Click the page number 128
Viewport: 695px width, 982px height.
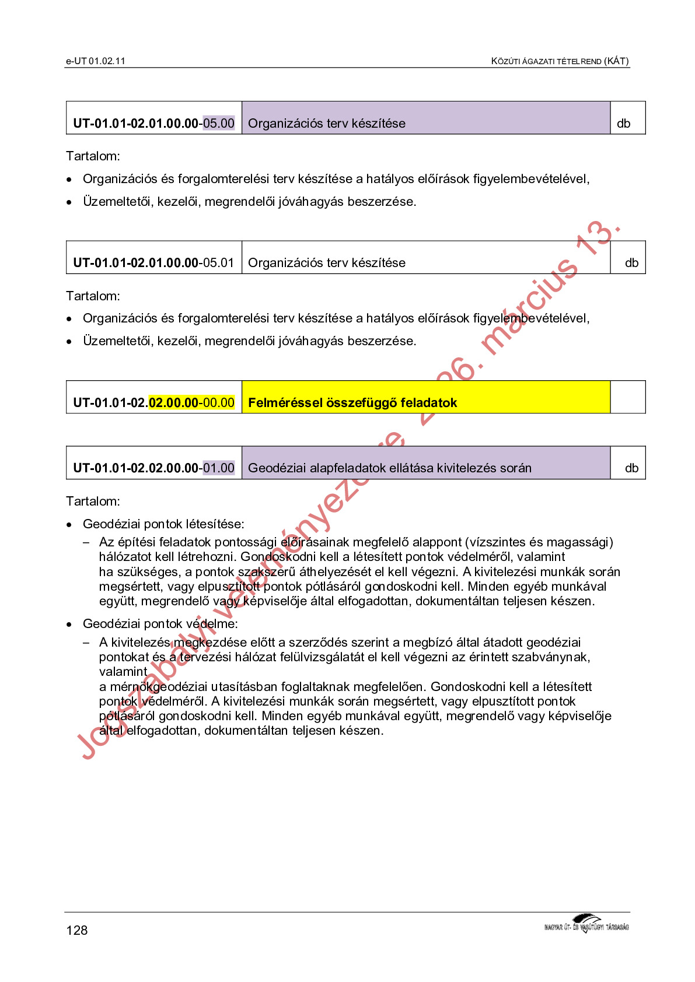click(x=77, y=930)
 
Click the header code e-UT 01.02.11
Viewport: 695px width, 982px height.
click(x=96, y=61)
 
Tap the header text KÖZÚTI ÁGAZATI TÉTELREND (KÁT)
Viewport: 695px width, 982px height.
click(x=560, y=61)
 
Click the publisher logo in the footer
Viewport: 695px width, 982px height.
click(x=586, y=924)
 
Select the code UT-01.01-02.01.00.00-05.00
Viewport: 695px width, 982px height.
click(x=153, y=123)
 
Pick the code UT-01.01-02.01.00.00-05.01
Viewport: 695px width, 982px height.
click(x=153, y=262)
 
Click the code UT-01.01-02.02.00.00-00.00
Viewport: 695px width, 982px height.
click(x=153, y=402)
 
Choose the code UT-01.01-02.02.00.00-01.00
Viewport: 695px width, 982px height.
click(x=153, y=468)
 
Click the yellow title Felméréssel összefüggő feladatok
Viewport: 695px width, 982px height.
click(x=352, y=402)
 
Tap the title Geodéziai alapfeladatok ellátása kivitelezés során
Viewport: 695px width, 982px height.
click(x=390, y=468)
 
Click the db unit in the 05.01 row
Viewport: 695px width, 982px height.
click(x=631, y=262)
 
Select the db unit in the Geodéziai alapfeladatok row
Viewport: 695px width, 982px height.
click(x=631, y=468)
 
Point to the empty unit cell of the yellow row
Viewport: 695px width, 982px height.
click(x=628, y=397)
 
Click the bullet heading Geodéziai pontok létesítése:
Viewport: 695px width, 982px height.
click(x=163, y=524)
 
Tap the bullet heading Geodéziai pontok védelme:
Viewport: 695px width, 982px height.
click(x=160, y=623)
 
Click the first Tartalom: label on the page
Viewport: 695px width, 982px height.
click(x=93, y=156)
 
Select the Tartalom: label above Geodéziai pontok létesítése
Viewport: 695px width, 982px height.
click(x=93, y=501)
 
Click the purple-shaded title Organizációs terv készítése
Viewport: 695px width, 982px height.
click(x=327, y=123)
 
